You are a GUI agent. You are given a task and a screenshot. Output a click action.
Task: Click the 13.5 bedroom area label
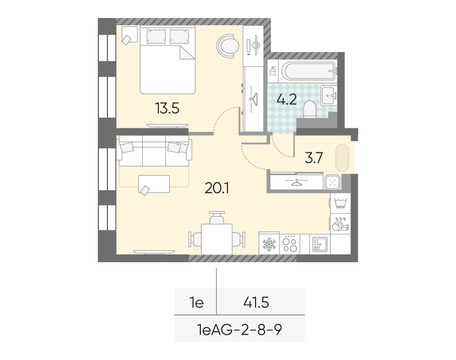[167, 109]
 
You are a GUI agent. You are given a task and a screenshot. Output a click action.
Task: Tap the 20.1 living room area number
[217, 188]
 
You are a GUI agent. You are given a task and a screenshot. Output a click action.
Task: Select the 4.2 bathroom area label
[287, 100]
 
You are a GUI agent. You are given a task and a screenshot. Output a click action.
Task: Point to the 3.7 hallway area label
[314, 158]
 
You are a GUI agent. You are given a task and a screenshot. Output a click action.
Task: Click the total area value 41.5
[256, 303]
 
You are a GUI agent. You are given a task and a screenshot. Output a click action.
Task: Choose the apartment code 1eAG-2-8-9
[239, 330]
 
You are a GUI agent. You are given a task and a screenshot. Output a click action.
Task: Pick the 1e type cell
[197, 303]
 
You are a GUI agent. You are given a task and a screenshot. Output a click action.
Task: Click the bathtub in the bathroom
[309, 71]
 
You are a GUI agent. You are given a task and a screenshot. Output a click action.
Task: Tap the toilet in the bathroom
[310, 110]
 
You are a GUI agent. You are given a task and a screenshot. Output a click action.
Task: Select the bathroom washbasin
[329, 95]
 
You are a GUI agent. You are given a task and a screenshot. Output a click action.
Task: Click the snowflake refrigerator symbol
[269, 244]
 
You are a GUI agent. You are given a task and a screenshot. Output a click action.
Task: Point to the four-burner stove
[290, 244]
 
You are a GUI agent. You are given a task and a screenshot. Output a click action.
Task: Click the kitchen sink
[320, 244]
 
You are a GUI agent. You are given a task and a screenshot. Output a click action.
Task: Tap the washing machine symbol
[341, 203]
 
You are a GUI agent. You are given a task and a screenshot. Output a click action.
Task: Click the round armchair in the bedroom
[227, 46]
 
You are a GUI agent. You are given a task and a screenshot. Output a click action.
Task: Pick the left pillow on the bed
[156, 37]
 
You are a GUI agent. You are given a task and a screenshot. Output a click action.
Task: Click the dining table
[217, 239]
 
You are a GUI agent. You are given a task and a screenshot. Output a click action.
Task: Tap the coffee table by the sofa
[154, 184]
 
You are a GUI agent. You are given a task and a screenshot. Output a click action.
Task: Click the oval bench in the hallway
[342, 158]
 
